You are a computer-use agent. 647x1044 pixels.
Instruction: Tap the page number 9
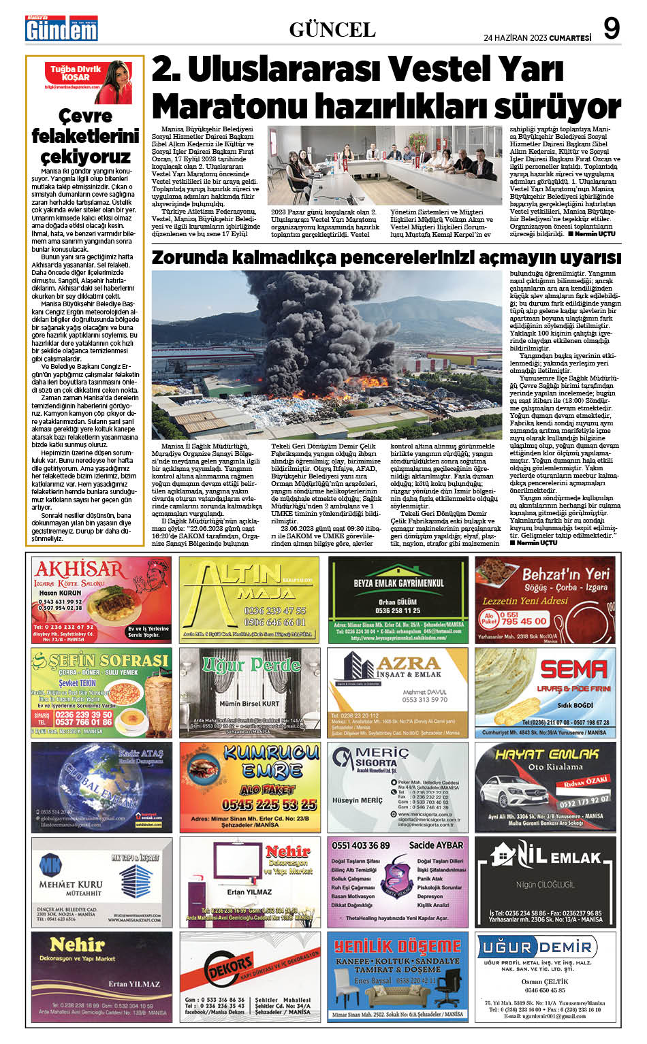[612, 29]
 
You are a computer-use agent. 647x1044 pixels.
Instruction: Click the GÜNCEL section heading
[332, 30]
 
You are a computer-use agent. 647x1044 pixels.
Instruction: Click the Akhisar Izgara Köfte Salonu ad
[101, 600]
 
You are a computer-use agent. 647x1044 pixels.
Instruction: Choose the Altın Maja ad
[249, 600]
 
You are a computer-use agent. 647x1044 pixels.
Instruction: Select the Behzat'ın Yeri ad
[546, 600]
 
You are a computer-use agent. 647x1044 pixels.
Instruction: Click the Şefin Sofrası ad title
[102, 660]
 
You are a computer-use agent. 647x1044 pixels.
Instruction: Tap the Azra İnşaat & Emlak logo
[398, 666]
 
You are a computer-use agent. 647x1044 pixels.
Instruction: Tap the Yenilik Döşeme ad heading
[398, 947]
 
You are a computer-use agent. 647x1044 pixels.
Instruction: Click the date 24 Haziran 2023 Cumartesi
[537, 37]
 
